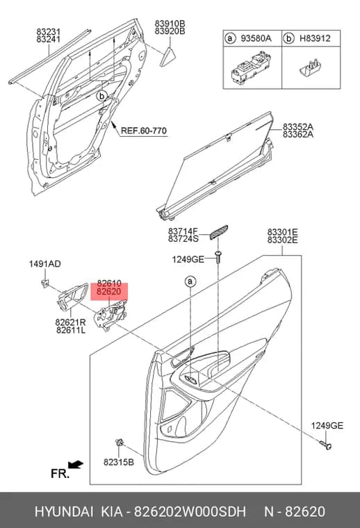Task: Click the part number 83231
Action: (48, 31)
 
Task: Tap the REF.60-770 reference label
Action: (143, 131)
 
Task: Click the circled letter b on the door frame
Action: (101, 97)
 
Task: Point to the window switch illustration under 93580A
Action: (251, 67)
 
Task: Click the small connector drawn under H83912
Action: (310, 67)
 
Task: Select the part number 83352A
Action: (298, 126)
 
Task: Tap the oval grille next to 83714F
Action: (218, 232)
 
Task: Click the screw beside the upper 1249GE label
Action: (219, 257)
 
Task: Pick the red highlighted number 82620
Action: (108, 292)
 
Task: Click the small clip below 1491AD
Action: (44, 283)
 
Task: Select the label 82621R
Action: (70, 322)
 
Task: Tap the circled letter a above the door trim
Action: (190, 281)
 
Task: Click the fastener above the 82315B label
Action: (120, 443)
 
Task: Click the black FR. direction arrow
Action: (76, 465)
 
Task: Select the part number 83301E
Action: (283, 232)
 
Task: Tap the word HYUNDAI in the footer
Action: (64, 511)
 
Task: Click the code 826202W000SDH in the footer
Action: (190, 511)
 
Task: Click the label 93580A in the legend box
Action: (256, 38)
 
